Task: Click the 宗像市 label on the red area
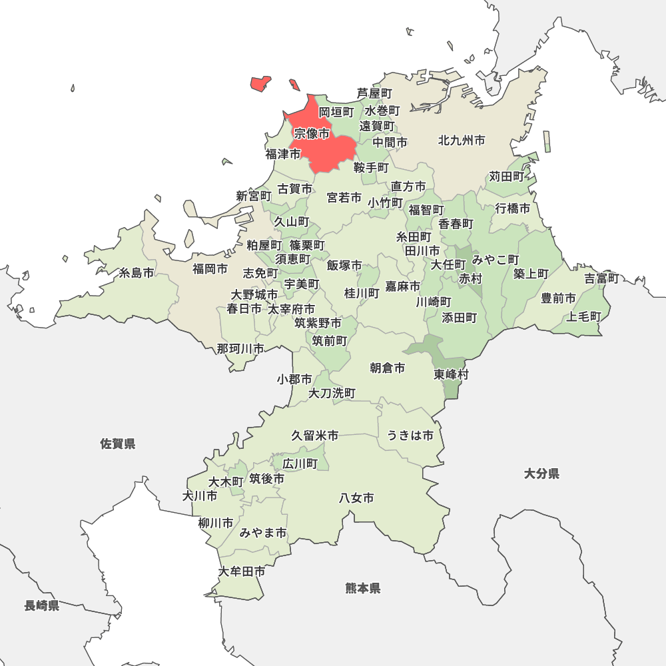(312, 134)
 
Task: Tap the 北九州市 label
(462, 141)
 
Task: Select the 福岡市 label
(210, 269)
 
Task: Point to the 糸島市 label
(137, 273)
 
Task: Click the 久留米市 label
(315, 436)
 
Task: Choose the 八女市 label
(356, 498)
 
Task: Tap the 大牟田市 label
(242, 571)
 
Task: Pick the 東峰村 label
(452, 374)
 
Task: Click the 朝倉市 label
(388, 368)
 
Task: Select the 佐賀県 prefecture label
(118, 444)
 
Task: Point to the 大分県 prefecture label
(541, 474)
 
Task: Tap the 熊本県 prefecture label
(363, 588)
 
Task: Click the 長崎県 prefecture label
(42, 605)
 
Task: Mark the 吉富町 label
(602, 278)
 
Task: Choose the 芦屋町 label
(374, 93)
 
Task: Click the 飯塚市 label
(344, 266)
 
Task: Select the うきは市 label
(410, 436)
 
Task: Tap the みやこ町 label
(496, 259)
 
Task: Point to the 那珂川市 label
(240, 348)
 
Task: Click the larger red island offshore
(260, 83)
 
